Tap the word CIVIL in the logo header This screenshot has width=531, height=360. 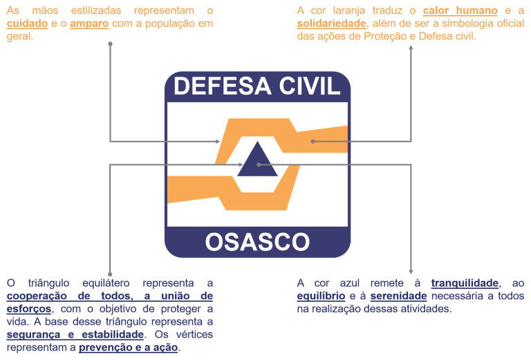point(310,86)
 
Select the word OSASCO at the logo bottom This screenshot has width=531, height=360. point(257,243)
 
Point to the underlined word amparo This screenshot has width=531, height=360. point(87,23)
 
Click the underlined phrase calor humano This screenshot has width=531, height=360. point(460,11)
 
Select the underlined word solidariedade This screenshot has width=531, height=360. point(331,23)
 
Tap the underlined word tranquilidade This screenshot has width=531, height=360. point(464,283)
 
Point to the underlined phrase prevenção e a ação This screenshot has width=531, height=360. point(129,347)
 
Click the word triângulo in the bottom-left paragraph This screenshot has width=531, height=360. point(55,283)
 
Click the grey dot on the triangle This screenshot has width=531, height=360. point(258,164)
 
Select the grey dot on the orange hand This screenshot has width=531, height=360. point(313,141)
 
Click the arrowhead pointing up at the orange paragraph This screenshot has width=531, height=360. point(411,48)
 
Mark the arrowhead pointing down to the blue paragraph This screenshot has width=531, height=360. point(411,272)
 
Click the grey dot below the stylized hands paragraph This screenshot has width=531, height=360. point(111,44)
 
